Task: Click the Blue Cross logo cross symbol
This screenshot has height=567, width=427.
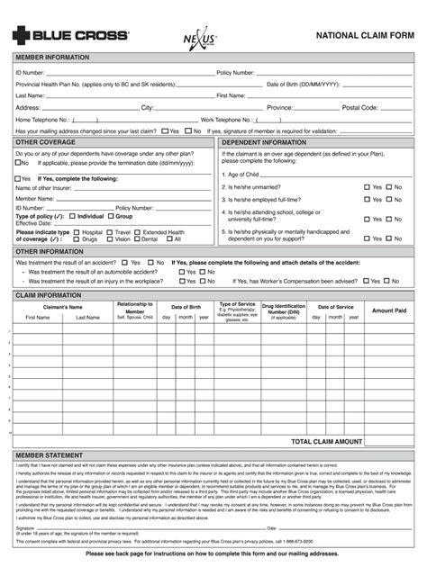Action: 21,35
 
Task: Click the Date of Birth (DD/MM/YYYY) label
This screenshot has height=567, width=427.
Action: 304,84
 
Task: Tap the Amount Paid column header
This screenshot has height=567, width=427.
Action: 389,310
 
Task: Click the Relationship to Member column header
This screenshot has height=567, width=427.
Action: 134,310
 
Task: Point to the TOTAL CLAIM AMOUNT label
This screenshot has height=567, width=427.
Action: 325,442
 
